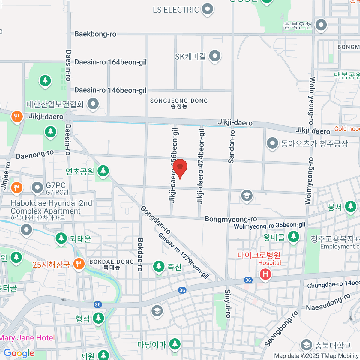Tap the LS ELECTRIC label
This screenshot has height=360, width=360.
176,10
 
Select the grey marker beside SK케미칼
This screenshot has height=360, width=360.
215,56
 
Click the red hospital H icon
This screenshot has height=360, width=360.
265,274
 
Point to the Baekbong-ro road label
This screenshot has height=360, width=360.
95,34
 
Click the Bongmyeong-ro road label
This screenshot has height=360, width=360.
231,219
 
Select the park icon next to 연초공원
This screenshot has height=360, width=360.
103,171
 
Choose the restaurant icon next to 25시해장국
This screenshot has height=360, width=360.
79,264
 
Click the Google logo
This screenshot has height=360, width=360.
19,353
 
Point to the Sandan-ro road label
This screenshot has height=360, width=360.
232,147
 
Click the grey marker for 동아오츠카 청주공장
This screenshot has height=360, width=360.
272,143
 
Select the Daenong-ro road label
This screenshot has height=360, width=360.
35,154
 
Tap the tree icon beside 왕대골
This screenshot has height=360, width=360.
293,237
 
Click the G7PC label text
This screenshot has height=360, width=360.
56,186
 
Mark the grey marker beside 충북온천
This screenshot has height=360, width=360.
321,25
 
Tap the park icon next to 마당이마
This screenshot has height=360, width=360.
175,344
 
